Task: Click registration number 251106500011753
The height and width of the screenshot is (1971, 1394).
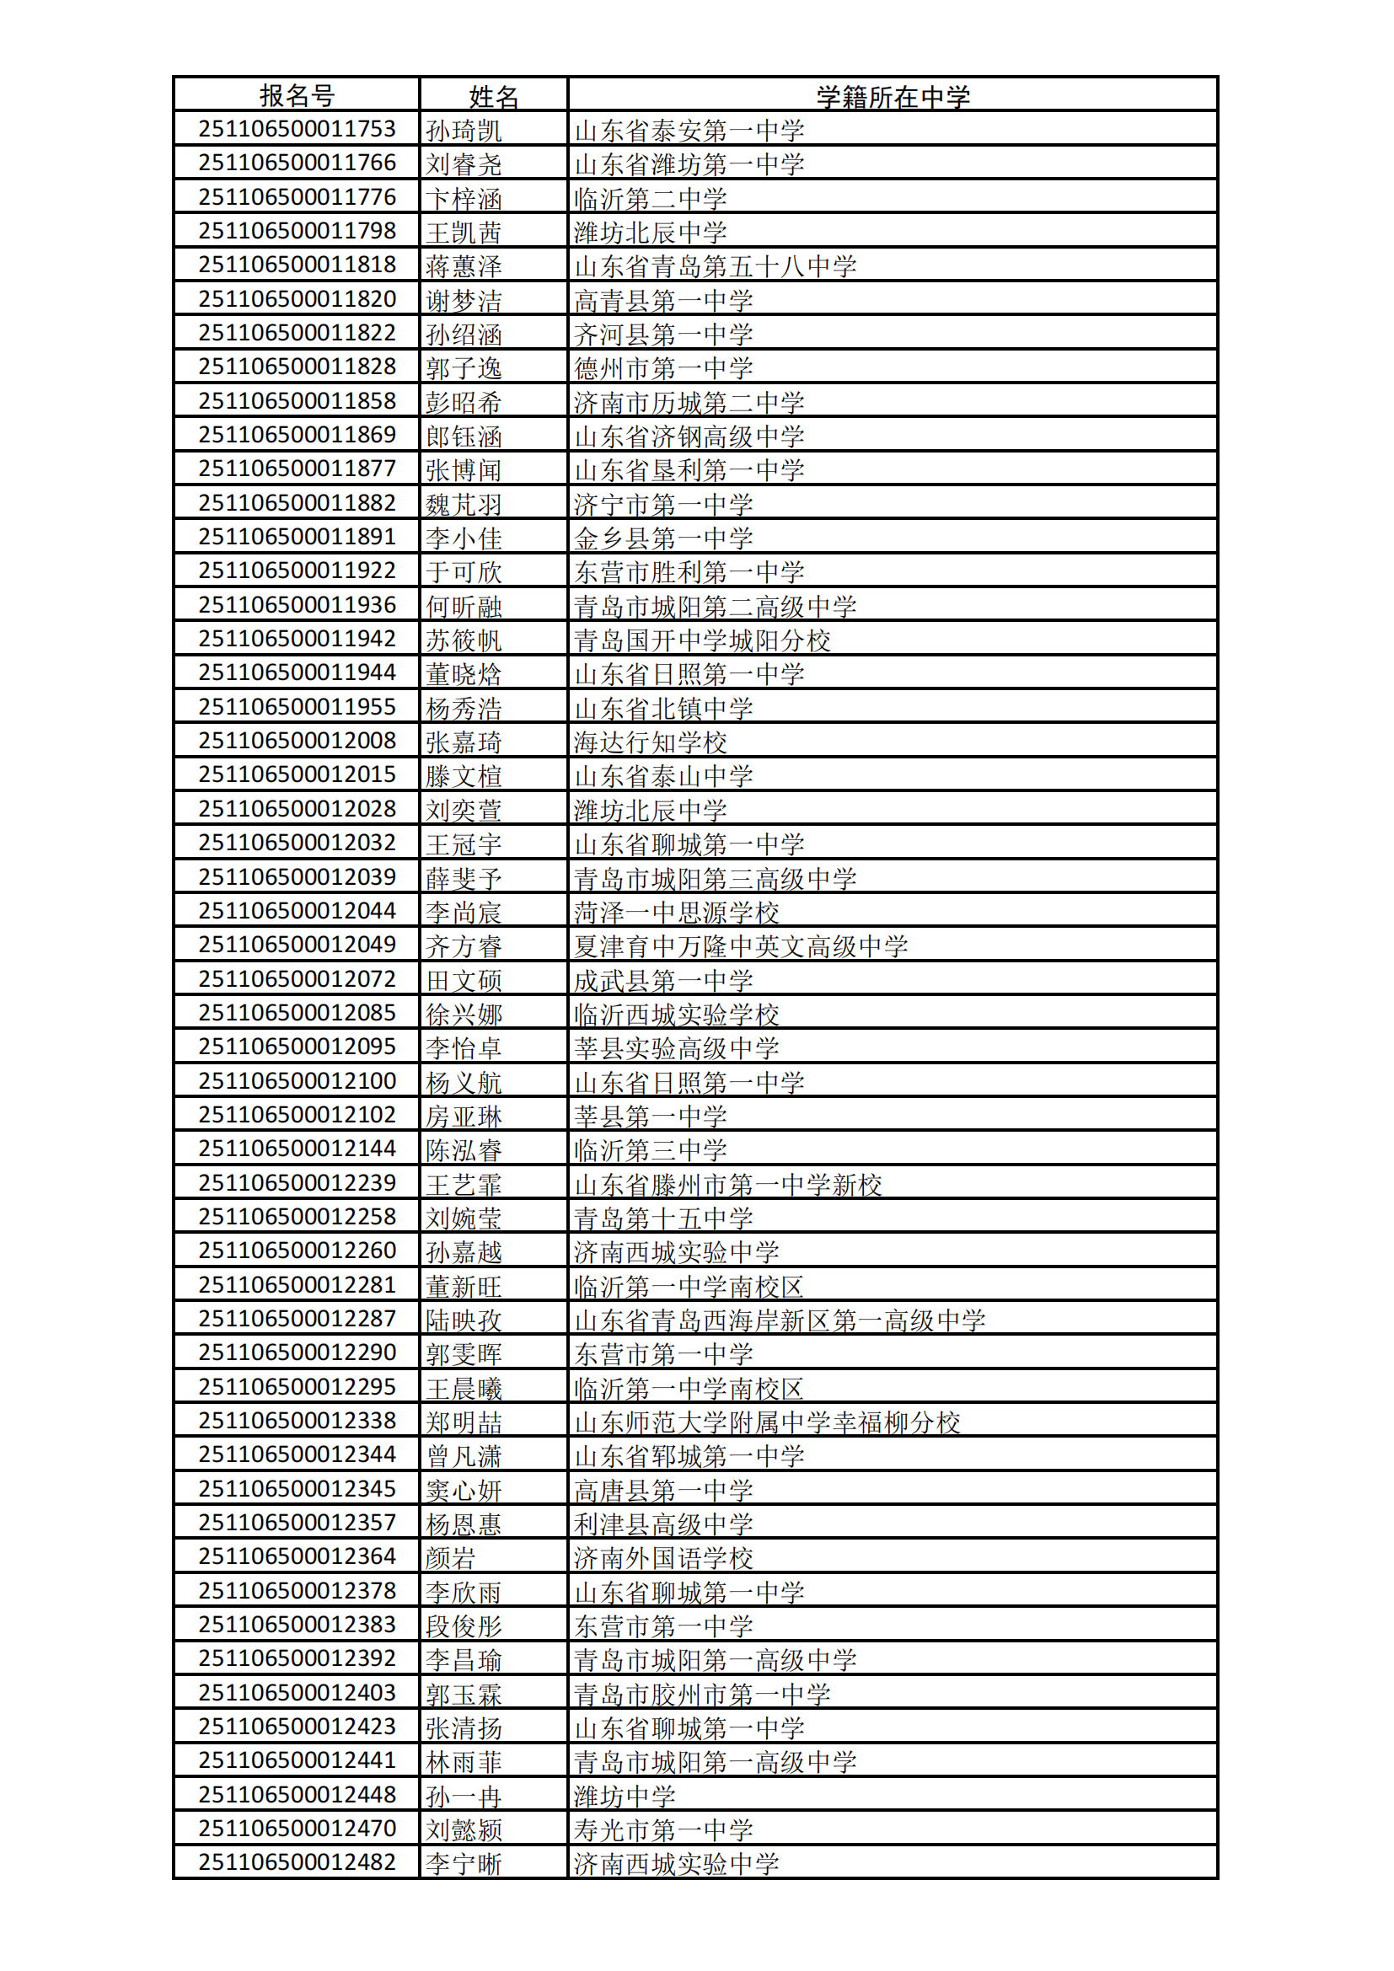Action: coord(297,130)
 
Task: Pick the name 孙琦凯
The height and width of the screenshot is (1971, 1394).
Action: coord(464,131)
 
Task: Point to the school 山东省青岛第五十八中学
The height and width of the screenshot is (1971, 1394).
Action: coord(715,267)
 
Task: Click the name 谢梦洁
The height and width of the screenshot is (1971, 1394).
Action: coord(464,302)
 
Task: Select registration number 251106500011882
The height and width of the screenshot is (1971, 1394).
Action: coord(297,503)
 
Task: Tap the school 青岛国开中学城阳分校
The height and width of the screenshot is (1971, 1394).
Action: coord(702,640)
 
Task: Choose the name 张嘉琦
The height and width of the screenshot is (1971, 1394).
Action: coord(464,742)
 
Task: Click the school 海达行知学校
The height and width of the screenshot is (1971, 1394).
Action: coord(651,742)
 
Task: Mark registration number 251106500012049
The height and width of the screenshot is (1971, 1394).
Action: coord(297,945)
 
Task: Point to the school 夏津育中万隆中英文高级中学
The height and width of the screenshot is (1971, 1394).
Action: coord(741,947)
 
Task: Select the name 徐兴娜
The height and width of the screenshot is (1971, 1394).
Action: coord(464,1015)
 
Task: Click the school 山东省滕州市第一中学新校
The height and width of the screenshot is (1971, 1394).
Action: coord(728,1185)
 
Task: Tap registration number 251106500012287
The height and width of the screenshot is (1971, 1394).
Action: coord(297,1319)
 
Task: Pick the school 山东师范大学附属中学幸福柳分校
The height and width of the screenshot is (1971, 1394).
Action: coord(766,1422)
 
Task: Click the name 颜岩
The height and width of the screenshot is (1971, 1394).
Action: coord(451,1558)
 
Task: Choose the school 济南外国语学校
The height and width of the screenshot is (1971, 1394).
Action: coord(663,1558)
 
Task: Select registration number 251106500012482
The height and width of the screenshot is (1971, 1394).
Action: coord(297,1862)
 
